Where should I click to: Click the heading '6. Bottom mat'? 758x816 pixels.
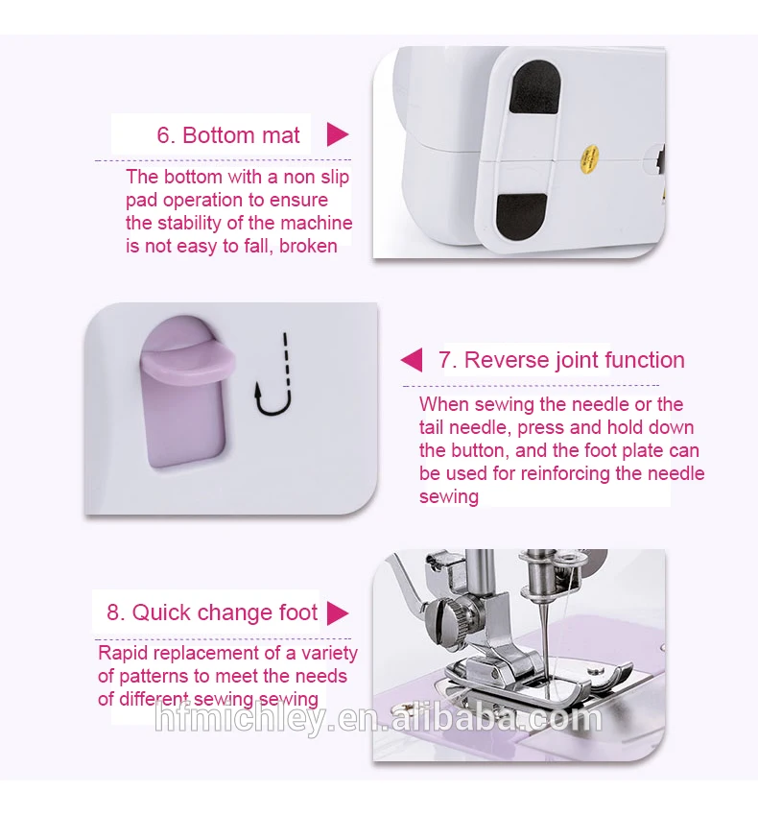click(227, 135)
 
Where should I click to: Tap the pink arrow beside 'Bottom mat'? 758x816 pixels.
click(337, 134)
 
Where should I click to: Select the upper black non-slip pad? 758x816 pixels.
click(534, 87)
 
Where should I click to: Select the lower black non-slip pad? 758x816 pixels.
click(521, 217)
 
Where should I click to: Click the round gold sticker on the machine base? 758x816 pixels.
click(589, 159)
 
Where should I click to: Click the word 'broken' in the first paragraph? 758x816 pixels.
click(308, 246)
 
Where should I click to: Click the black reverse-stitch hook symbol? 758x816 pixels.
click(272, 375)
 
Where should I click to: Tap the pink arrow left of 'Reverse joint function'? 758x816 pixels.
click(412, 360)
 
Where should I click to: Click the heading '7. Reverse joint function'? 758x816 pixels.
click(561, 360)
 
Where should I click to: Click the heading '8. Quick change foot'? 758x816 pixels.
click(212, 612)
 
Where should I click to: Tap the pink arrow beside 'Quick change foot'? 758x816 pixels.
click(338, 613)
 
